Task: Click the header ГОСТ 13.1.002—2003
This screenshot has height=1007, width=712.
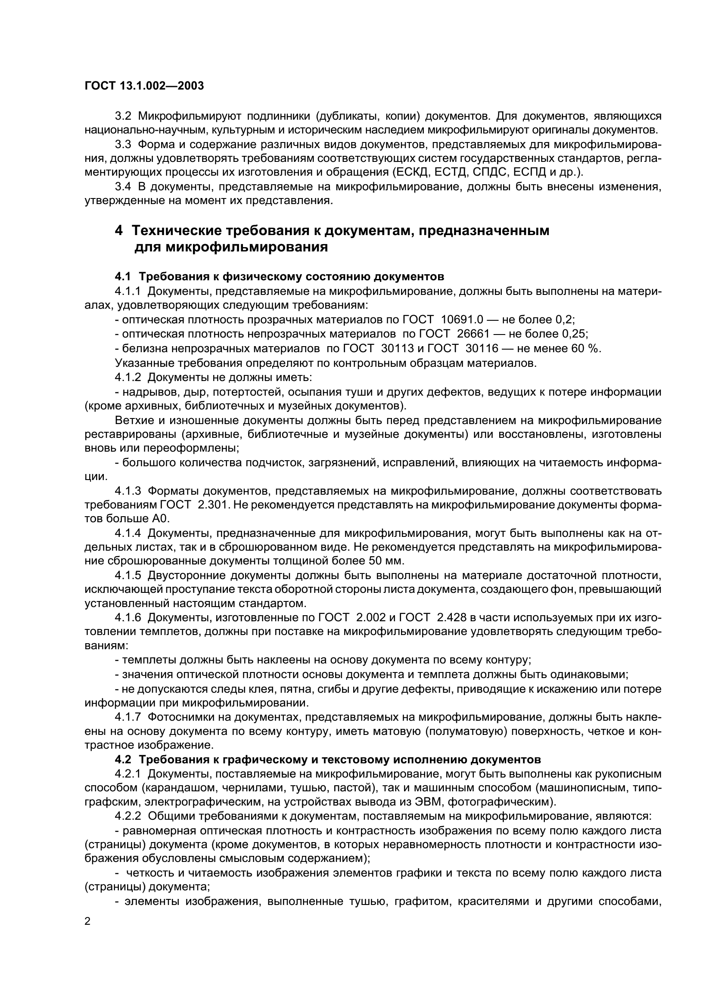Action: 144,86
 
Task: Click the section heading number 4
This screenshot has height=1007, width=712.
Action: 118,231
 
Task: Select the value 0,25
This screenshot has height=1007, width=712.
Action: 573,334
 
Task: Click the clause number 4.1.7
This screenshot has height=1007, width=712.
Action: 128,717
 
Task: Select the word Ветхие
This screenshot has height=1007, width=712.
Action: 134,421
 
